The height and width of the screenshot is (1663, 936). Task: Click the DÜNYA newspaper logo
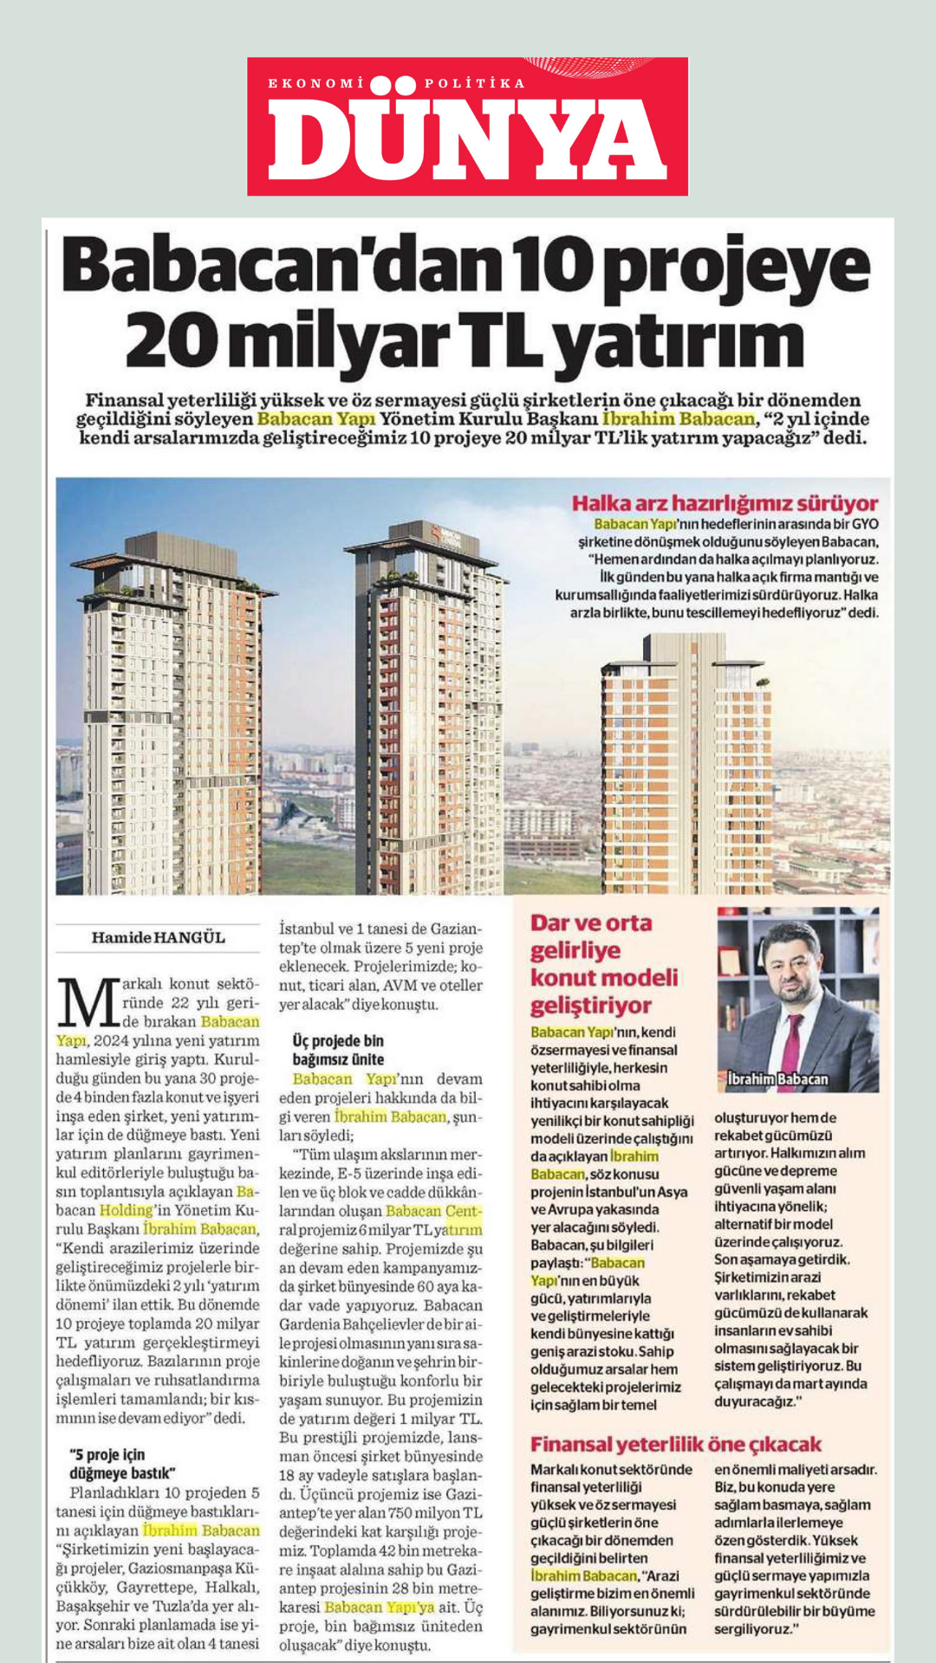click(467, 126)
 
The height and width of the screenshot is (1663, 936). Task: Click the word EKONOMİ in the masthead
click(316, 83)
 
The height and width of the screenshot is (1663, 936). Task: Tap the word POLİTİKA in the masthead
click(474, 83)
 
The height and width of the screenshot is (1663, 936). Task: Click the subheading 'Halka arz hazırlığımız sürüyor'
click(725, 503)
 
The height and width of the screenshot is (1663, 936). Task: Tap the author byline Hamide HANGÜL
click(158, 937)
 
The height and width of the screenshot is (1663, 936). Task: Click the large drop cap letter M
click(88, 1004)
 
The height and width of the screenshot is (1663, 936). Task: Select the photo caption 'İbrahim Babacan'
click(777, 1079)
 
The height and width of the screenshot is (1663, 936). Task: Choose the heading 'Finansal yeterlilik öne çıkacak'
click(676, 1444)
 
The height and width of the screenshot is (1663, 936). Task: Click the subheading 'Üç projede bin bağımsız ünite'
click(338, 1050)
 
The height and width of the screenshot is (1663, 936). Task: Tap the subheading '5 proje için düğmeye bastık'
click(122, 1464)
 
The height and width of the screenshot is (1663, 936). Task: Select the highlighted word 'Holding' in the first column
click(127, 1210)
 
